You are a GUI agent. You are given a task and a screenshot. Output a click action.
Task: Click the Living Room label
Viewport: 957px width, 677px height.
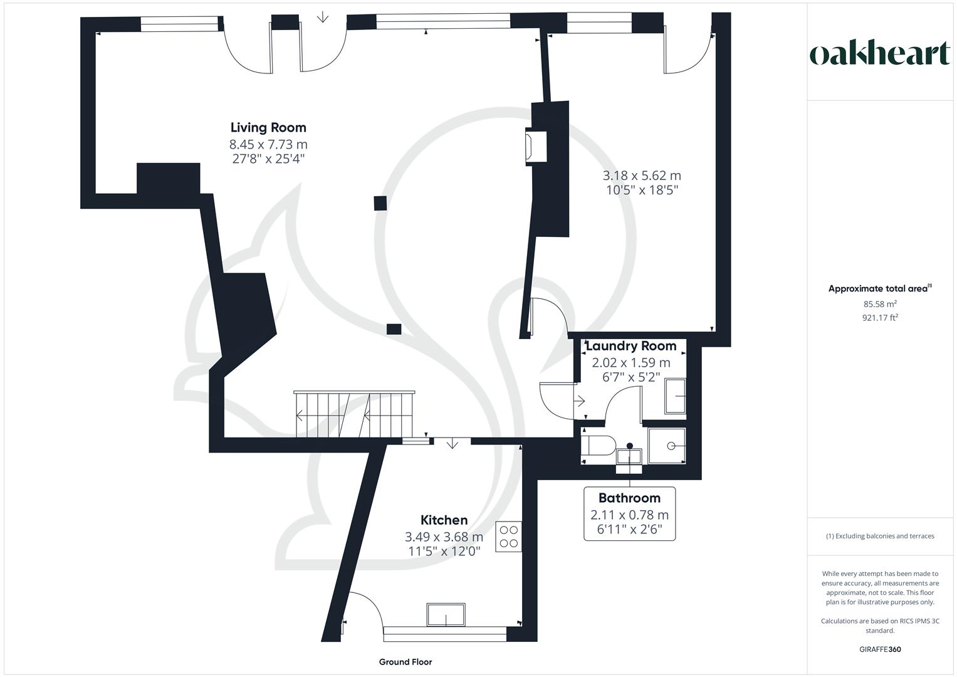(x=268, y=128)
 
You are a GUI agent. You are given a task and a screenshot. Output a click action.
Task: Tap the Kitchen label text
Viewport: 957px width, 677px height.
(x=444, y=520)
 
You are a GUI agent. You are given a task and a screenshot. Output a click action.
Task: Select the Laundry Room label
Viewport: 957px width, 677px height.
(x=631, y=346)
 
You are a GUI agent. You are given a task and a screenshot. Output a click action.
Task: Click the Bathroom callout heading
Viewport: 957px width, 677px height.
(x=629, y=498)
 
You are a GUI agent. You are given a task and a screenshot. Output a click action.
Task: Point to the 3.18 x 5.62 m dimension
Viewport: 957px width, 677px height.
(x=642, y=176)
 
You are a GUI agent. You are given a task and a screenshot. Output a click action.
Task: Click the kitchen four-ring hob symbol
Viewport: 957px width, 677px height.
(x=508, y=537)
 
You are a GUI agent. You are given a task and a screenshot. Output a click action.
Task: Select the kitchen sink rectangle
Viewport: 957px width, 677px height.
(x=446, y=614)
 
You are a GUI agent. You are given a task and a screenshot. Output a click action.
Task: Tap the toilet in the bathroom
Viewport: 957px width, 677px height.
(x=595, y=446)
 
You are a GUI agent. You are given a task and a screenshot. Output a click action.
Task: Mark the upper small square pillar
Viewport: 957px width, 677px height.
(x=380, y=203)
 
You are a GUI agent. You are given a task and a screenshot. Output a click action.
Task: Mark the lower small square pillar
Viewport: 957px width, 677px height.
(x=394, y=328)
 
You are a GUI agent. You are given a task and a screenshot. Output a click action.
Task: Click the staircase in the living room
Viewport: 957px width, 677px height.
(x=354, y=414)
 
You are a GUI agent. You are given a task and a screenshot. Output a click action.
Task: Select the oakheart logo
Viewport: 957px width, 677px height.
(x=880, y=54)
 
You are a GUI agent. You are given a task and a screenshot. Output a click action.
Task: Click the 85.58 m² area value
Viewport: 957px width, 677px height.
(x=880, y=304)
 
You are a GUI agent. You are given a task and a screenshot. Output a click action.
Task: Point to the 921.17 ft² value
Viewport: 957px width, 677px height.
(x=880, y=318)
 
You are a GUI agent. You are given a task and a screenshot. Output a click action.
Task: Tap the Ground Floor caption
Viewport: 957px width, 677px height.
(x=405, y=662)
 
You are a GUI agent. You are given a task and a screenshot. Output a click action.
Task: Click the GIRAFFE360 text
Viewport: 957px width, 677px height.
(x=880, y=649)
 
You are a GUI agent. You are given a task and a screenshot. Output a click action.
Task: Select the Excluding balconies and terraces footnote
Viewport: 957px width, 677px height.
(x=880, y=536)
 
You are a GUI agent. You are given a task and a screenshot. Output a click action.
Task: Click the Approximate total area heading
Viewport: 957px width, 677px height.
(x=879, y=289)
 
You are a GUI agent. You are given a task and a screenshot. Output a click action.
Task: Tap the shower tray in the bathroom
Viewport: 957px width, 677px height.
(x=667, y=446)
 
